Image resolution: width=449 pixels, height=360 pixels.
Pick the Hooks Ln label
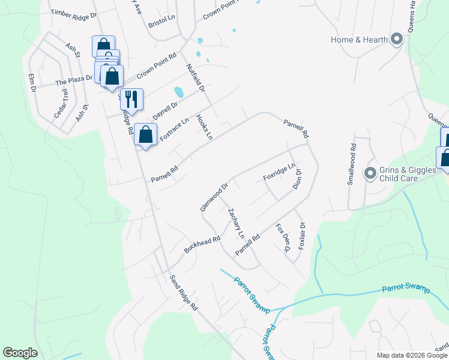[205, 128]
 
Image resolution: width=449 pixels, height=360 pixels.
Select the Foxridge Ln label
[279, 172]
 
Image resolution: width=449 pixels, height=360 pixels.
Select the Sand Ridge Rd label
[183, 292]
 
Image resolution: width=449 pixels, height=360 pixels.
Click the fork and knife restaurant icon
[131, 98]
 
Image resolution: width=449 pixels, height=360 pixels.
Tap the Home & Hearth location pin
[396, 40]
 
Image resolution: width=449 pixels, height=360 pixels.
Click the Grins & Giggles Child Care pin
[370, 174]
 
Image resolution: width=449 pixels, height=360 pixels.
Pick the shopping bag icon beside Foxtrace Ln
[145, 134]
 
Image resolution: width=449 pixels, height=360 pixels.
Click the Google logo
[20, 353]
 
